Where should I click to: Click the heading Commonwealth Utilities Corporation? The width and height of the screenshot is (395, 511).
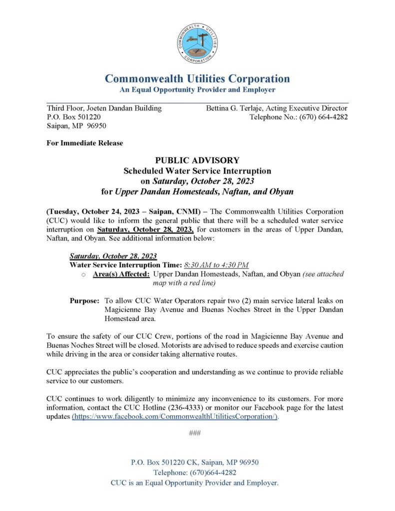197,79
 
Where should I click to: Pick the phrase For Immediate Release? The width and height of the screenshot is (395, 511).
84,143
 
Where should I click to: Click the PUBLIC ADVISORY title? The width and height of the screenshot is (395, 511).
197,160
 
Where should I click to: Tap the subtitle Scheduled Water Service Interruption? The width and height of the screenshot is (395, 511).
197,170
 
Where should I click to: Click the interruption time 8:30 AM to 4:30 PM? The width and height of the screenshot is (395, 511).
216,264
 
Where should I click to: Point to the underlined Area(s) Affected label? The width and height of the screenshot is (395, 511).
121,274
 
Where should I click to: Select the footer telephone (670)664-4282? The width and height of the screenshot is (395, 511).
210,473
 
